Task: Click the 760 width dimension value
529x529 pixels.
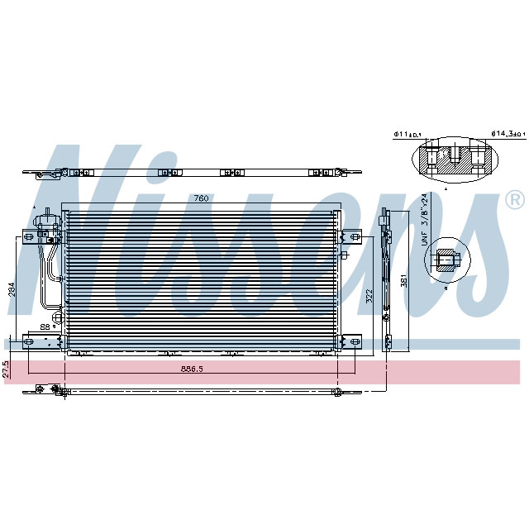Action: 200,199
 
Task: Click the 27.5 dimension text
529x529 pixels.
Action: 7,369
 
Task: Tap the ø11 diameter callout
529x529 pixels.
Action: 408,133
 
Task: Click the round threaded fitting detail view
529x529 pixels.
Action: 446,262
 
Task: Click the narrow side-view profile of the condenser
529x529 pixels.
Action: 385,281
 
